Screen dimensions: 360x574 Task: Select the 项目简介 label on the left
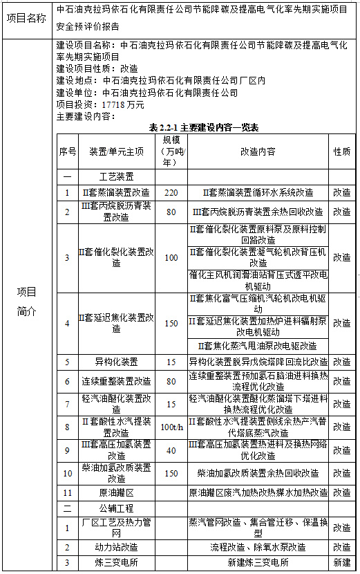(x=27, y=301)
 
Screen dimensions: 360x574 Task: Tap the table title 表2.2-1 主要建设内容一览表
(x=203, y=127)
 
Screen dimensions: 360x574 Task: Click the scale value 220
(x=171, y=192)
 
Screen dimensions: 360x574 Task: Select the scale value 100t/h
(x=171, y=427)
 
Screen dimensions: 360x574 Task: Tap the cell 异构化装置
(x=116, y=362)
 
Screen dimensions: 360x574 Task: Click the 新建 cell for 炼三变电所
(x=341, y=562)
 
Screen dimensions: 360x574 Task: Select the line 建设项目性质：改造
(x=96, y=69)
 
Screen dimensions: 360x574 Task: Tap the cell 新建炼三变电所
(x=258, y=562)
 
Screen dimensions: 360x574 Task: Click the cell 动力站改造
(x=116, y=547)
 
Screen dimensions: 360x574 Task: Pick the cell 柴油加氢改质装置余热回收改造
(x=258, y=474)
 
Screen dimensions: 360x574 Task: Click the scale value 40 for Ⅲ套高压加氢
(x=171, y=450)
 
